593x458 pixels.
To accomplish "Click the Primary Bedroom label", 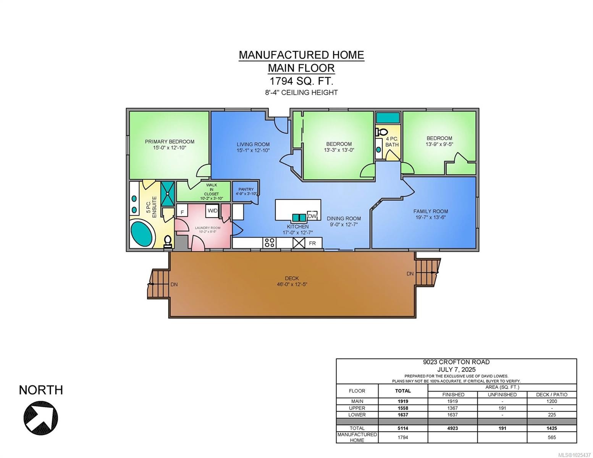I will (170, 142).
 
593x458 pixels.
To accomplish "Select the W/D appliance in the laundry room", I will (212, 210).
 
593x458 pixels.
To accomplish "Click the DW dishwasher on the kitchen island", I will (312, 216).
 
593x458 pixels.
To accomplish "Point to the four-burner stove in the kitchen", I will (270, 242).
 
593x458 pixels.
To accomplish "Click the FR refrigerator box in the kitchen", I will (312, 243).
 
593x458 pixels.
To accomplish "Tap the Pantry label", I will (246, 189).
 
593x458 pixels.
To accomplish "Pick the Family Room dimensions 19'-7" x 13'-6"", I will (431, 217).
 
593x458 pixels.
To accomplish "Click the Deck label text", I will (292, 278).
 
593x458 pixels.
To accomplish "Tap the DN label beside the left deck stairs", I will (174, 284).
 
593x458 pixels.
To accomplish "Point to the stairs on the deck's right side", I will (425, 272).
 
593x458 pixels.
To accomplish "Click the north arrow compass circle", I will (41, 418).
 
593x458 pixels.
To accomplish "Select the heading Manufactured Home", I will (301, 55).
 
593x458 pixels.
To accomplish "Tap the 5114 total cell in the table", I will (403, 428).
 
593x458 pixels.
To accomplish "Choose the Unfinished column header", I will (502, 395).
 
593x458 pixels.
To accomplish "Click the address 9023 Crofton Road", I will (456, 362).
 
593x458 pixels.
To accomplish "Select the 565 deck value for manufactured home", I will (552, 437).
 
